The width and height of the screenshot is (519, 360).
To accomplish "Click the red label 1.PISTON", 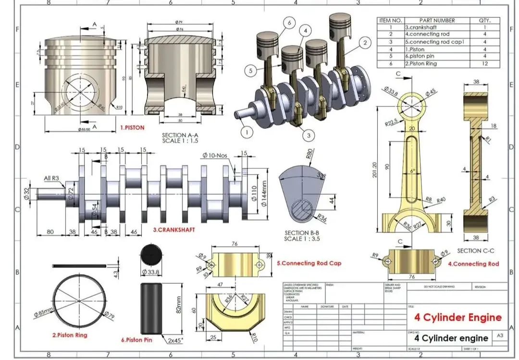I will pos(132,127).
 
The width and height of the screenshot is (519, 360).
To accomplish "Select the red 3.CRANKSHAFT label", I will pos(174,230).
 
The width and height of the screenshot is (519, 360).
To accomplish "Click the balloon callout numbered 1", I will pos(246,131).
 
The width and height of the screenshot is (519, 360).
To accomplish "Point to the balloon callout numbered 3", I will pos(309,136).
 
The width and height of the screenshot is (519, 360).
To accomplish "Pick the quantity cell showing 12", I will pos(484,63).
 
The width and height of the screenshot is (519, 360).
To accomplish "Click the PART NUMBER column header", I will pos(436,21).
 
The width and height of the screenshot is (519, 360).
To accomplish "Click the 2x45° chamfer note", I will pos(176,340).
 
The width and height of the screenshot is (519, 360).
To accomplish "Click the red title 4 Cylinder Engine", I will pos(457,317).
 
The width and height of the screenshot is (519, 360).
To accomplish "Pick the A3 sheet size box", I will pos(500,336).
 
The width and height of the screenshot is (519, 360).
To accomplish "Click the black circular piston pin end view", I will pos(150,254).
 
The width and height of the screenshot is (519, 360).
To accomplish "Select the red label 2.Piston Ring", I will pos(70,335).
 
